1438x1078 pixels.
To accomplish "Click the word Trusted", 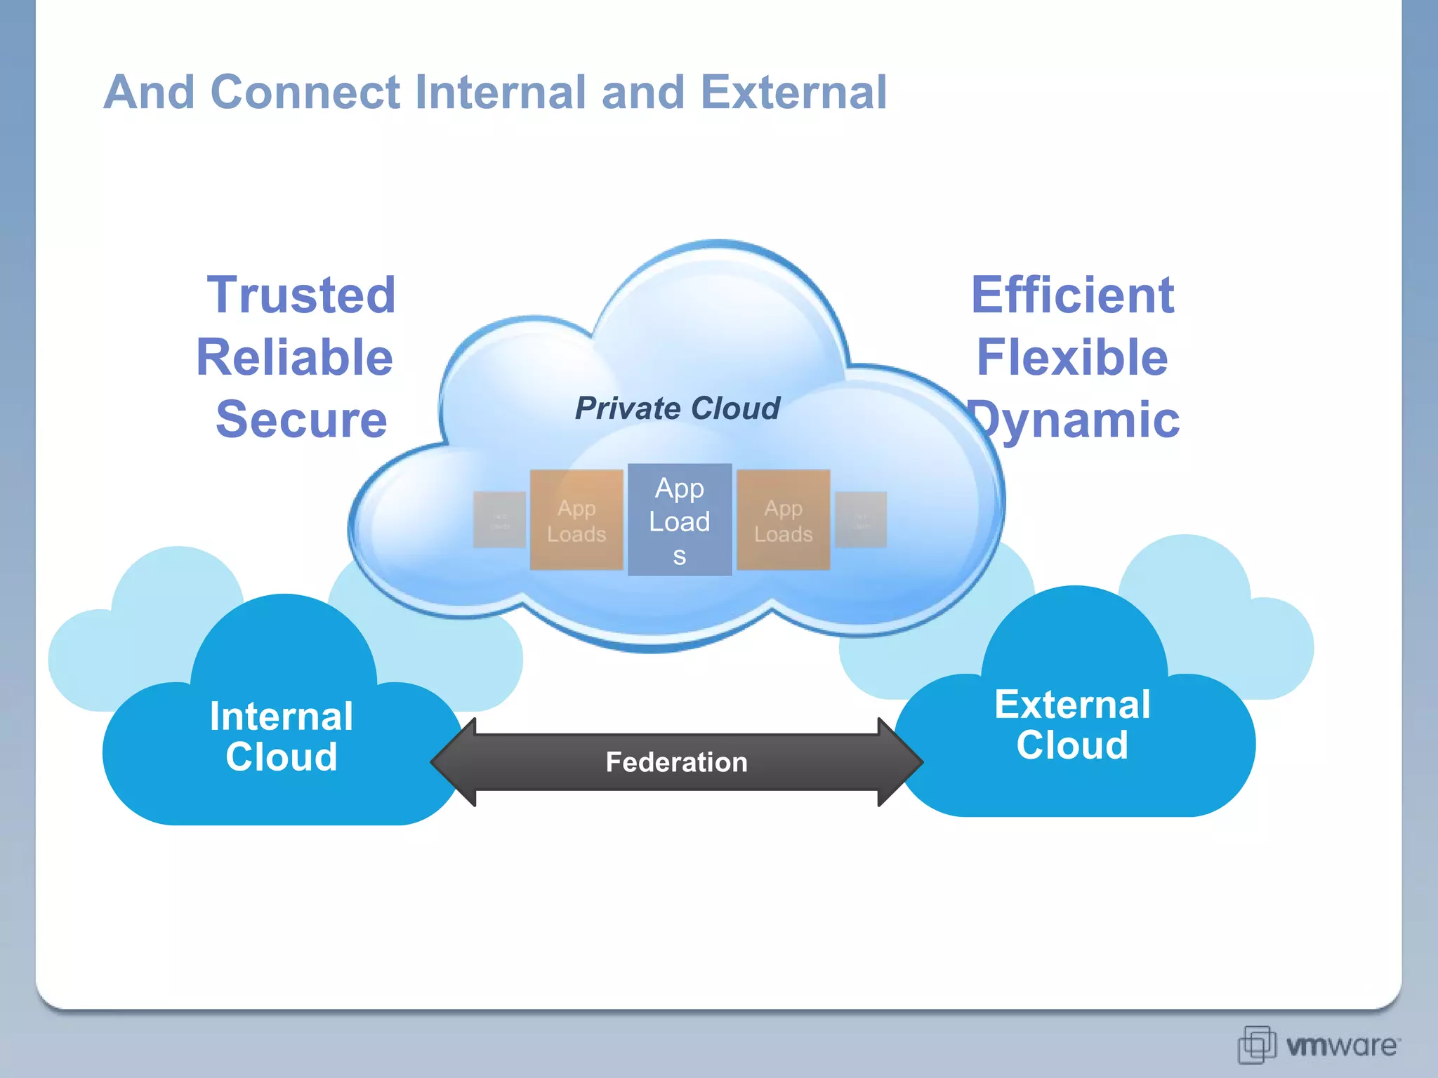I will point(301,295).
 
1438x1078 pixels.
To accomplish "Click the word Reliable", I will point(294,357).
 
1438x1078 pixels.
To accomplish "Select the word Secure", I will point(301,420).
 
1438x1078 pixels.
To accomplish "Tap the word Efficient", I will point(1072,295).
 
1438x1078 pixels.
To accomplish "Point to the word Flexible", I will point(1072,357).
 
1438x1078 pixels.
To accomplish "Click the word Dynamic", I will point(1078,420).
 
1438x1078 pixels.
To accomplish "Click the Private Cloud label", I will point(677,408).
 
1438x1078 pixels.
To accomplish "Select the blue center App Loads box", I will point(680,520).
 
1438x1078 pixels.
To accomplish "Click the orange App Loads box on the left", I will point(576,520).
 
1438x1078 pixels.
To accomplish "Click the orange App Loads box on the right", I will point(783,520).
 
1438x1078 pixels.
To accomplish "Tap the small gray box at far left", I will point(499,520).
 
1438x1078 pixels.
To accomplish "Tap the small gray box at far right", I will point(861,520).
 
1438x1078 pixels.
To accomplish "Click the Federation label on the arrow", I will point(676,762).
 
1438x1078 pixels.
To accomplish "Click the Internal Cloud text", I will point(281,736).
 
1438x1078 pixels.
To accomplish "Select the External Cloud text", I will point(1072,724).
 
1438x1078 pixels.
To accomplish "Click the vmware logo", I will point(1319,1045).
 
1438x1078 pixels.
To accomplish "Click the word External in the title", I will point(793,92).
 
